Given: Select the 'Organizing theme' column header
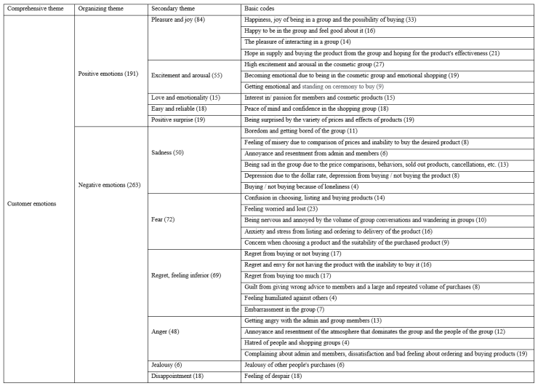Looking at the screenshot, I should point(102,8).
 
